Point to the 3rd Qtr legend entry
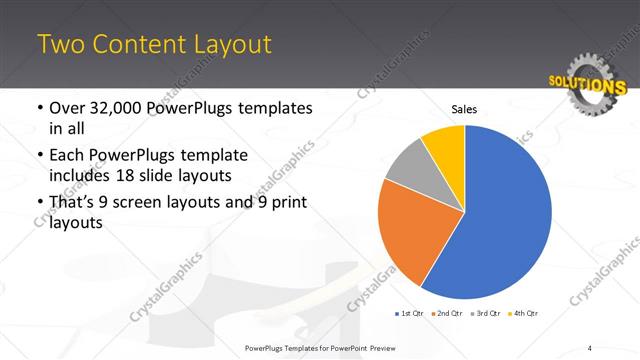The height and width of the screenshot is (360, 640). (x=485, y=314)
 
